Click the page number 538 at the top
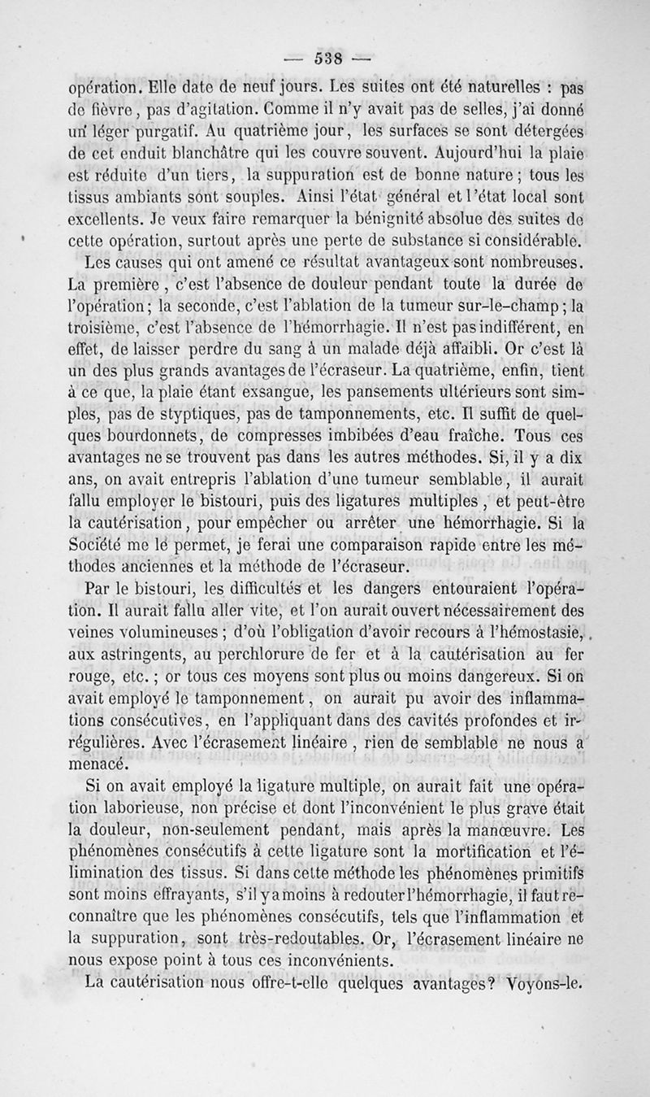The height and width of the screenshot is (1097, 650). pyautogui.click(x=323, y=58)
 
